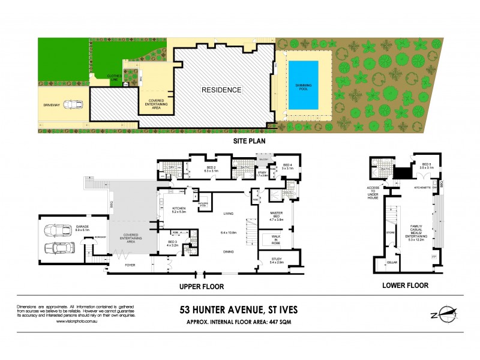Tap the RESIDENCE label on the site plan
(221, 90)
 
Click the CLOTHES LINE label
(114, 77)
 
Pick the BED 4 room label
(287, 166)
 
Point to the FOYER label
(130, 264)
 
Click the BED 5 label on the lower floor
(426, 165)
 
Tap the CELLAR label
(393, 262)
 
